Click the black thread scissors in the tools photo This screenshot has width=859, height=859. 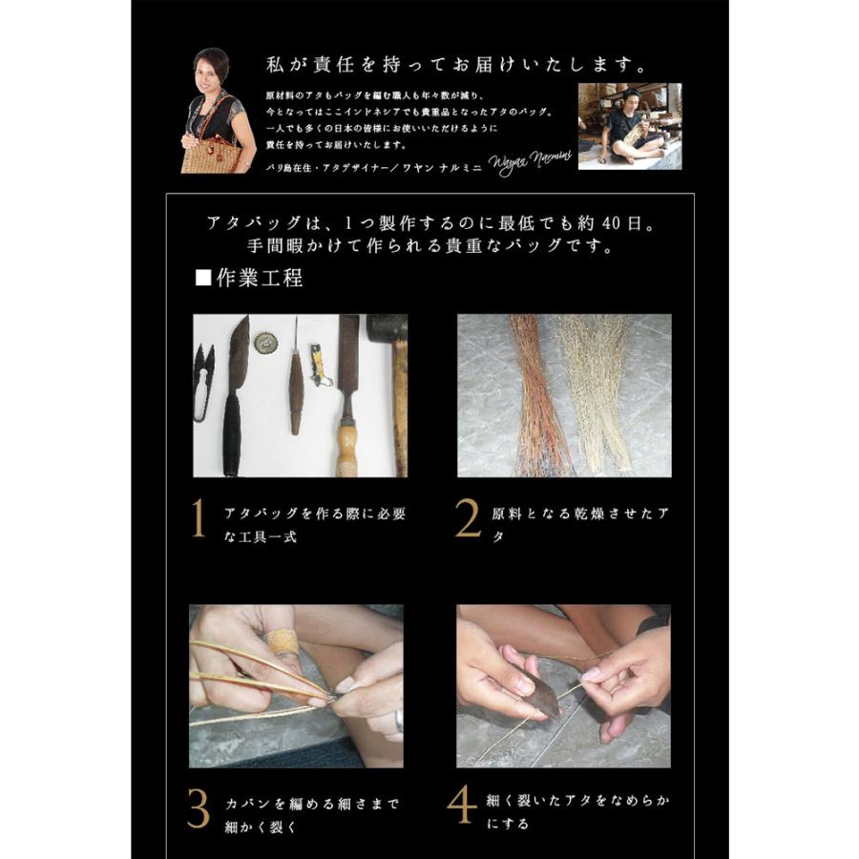click(204, 381)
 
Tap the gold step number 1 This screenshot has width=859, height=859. click(199, 521)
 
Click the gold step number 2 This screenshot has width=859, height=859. click(468, 521)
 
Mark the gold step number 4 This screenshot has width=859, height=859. click(463, 804)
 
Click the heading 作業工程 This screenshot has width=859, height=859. click(260, 279)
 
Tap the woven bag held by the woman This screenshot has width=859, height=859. click(209, 153)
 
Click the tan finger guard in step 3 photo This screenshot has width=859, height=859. click(282, 640)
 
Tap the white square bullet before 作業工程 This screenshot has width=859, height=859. click(201, 280)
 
